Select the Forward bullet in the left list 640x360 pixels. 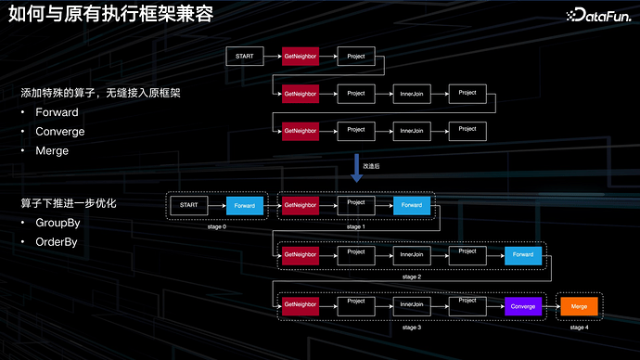pos(57,112)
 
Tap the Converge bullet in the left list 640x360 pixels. pos(59,131)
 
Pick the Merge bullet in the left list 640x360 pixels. pos(52,149)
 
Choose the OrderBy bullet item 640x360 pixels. pos(58,242)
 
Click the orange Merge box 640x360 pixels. pos(579,305)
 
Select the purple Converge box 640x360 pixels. pos(523,305)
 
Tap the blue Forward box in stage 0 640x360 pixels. pos(245,205)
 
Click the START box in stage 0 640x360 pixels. pos(188,205)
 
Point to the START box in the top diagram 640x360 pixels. pos(245,57)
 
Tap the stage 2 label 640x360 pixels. pos(413,276)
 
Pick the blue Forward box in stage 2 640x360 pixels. pos(523,255)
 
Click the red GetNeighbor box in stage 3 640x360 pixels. pos(301,305)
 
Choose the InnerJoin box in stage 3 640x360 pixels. pos(412,305)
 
